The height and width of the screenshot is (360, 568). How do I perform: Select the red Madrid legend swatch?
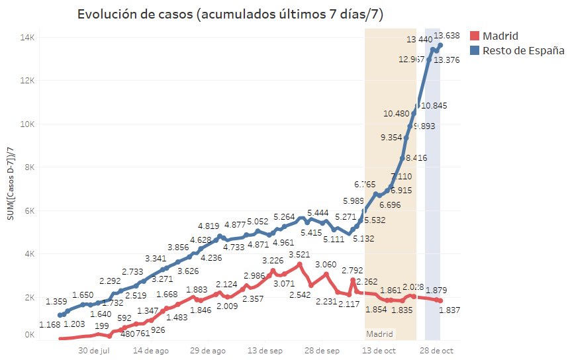[474, 36]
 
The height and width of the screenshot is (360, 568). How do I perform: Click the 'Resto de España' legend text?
[523, 51]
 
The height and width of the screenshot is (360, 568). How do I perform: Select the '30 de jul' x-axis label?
[94, 351]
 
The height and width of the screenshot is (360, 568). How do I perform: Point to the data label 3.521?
[303, 253]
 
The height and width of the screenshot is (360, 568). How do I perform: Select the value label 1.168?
[50, 324]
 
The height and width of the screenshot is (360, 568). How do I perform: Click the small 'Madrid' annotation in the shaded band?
[379, 334]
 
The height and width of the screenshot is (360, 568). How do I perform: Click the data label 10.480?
[396, 114]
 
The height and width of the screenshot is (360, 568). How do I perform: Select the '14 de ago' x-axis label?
[150, 351]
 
